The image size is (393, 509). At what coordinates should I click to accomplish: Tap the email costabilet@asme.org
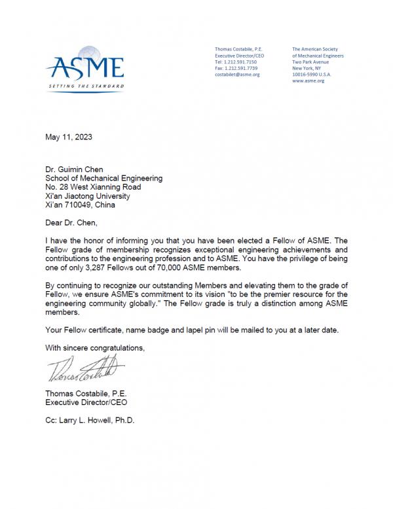coord(237,75)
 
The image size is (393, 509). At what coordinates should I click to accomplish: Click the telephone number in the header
coord(236,61)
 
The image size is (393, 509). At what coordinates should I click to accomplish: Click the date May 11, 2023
coord(68,137)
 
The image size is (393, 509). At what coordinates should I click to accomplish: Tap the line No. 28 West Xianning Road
coord(92,186)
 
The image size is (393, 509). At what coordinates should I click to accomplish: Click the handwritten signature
coord(81,370)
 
